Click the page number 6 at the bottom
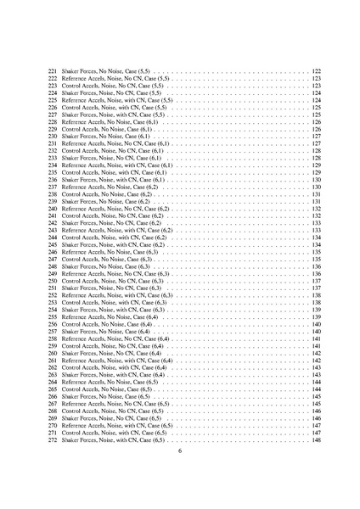pos(180,451)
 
